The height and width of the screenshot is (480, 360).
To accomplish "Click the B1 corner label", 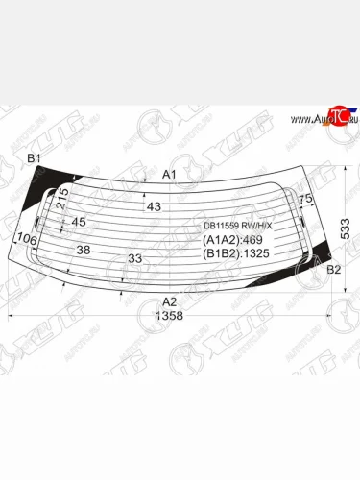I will click(x=34, y=158).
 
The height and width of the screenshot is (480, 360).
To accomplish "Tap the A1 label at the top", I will click(x=169, y=174).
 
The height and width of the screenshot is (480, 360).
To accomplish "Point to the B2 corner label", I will click(x=334, y=270).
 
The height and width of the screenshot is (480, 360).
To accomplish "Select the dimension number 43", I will click(x=154, y=206).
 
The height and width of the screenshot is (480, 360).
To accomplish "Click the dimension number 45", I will click(x=80, y=222).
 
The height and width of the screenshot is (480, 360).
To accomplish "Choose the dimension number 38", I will click(x=84, y=250).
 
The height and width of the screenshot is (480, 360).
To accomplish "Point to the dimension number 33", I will click(x=134, y=257).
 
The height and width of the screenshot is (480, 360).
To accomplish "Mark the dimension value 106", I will click(x=27, y=239).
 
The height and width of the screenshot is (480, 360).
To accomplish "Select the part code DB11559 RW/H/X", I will click(x=237, y=227).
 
